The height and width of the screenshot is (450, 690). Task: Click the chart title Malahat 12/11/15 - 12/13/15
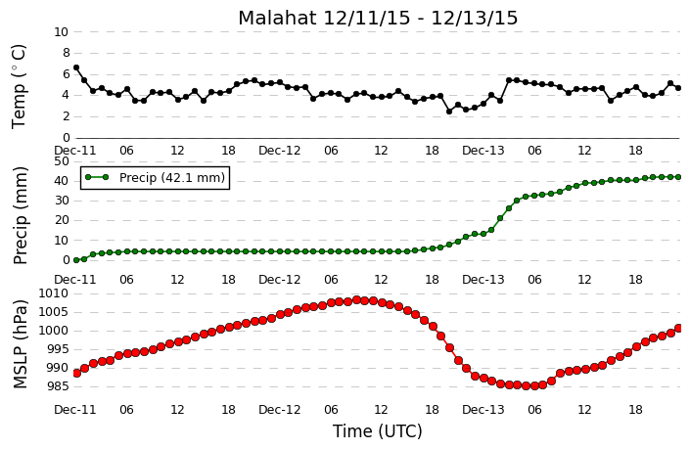click(378, 19)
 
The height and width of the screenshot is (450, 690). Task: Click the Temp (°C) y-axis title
click(19, 87)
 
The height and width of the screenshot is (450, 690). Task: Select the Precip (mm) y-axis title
click(21, 215)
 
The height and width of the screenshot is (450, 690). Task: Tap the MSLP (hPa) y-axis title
click(21, 344)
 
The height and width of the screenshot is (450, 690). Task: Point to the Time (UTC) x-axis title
click(378, 431)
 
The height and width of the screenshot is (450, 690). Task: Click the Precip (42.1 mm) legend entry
click(156, 177)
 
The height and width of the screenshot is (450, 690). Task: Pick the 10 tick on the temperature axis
click(62, 32)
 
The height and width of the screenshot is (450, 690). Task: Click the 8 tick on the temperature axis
click(66, 53)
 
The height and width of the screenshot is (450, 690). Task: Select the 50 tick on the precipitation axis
click(62, 161)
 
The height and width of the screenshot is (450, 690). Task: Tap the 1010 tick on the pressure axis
click(54, 293)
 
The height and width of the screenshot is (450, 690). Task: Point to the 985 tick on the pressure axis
click(58, 386)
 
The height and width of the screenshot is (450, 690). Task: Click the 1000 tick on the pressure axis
click(54, 331)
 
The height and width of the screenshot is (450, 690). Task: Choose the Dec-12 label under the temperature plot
click(280, 151)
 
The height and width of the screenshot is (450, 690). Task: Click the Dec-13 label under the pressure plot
click(483, 410)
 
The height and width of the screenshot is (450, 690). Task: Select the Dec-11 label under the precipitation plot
click(75, 280)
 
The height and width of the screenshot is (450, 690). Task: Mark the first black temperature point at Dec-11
click(76, 67)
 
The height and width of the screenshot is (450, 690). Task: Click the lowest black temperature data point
click(449, 112)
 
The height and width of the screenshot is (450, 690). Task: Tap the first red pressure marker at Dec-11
click(76, 373)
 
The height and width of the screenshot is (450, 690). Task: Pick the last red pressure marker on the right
click(678, 328)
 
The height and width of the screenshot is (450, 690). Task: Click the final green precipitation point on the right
click(678, 177)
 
